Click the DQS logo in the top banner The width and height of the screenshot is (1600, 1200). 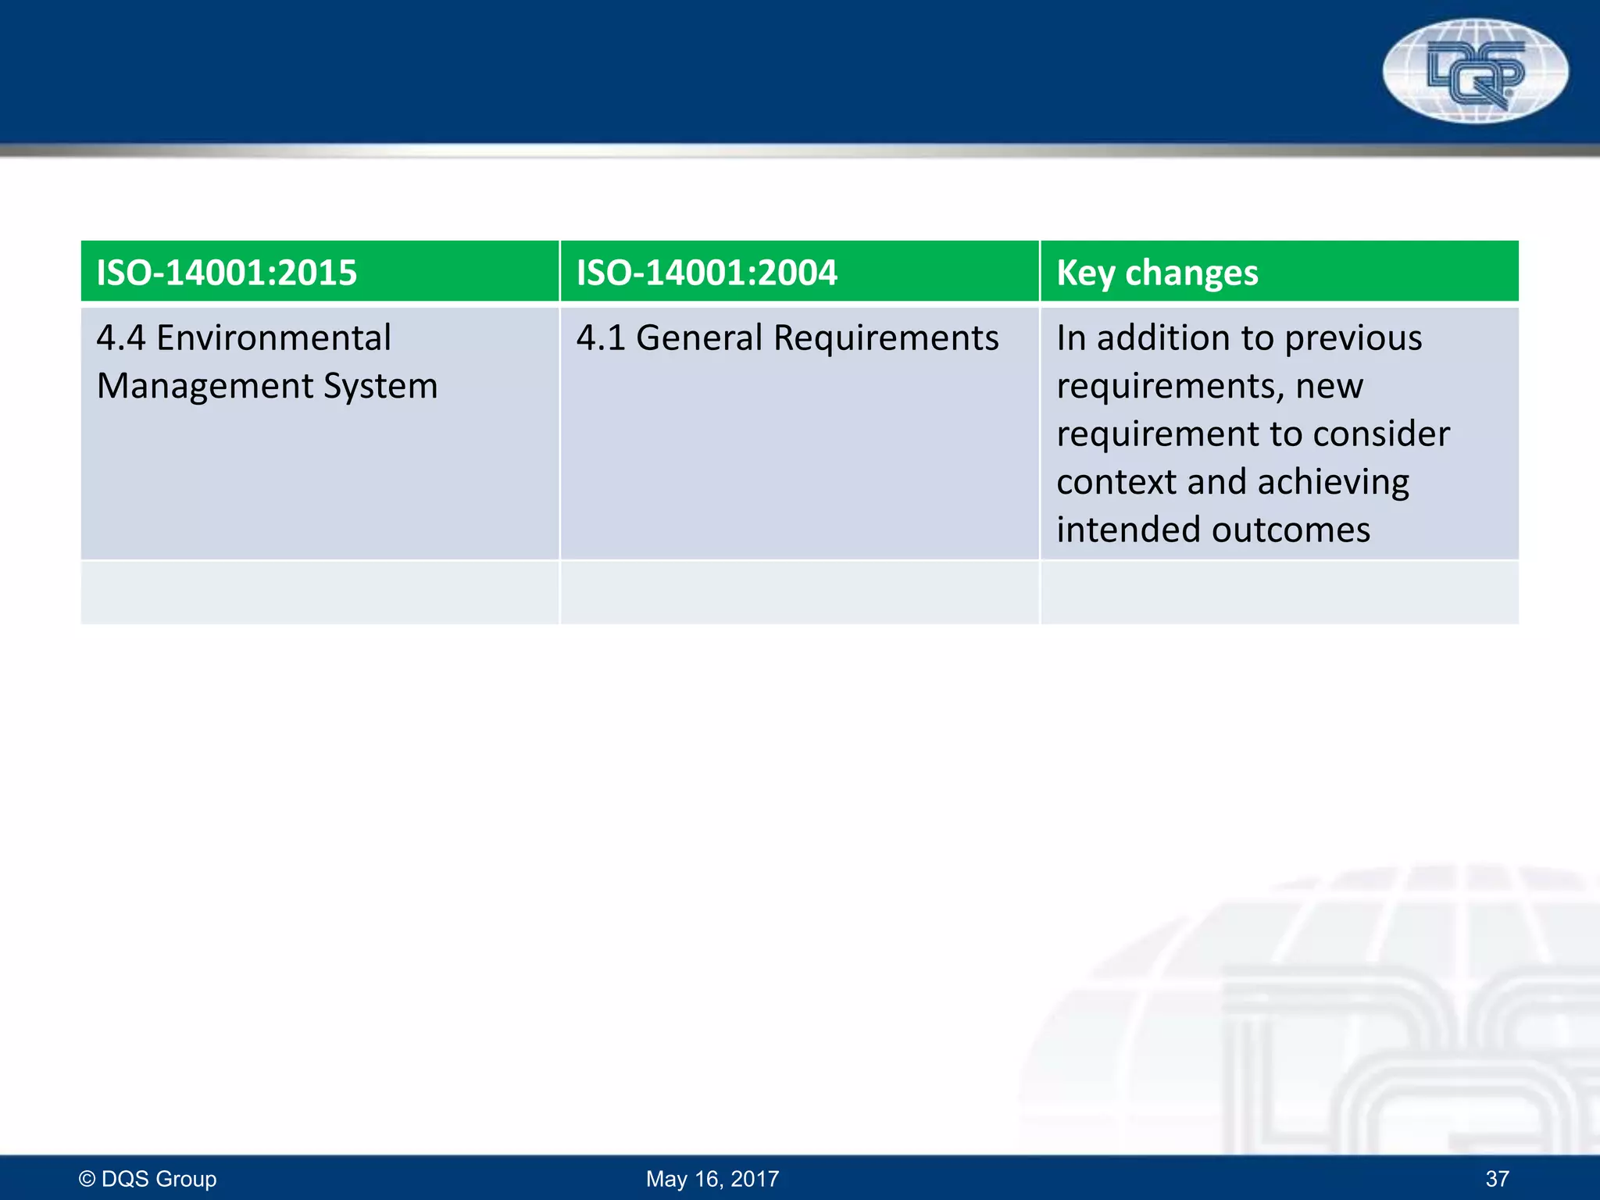1474,70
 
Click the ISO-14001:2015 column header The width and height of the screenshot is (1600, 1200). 227,273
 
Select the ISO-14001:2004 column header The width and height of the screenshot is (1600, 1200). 706,273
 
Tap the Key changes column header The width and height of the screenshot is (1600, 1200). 1157,273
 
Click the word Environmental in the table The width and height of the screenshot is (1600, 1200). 273,338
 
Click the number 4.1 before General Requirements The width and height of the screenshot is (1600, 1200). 601,338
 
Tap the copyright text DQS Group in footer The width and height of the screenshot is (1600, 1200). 148,1178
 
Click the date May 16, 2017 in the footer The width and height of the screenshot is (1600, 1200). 712,1178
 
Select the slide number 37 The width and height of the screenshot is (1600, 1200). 1497,1178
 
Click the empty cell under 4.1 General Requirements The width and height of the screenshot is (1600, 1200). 799,592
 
